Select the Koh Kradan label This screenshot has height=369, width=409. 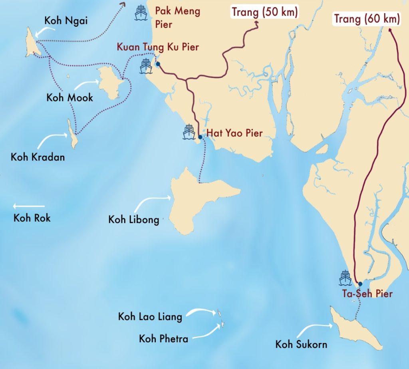[x=38, y=157]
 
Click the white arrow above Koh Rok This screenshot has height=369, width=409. [x=28, y=206]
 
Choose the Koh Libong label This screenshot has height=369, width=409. [x=133, y=220]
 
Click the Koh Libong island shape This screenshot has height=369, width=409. [x=188, y=204]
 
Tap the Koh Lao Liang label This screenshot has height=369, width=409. [x=150, y=317]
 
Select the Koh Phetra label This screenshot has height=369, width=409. [x=163, y=339]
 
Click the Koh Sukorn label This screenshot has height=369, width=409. [x=301, y=344]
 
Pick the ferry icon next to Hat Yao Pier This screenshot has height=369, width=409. [x=189, y=132]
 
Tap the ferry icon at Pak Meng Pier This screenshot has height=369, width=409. [x=141, y=13]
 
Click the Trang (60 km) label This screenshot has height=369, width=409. [x=366, y=19]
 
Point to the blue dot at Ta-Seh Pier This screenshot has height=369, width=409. [x=360, y=284]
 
